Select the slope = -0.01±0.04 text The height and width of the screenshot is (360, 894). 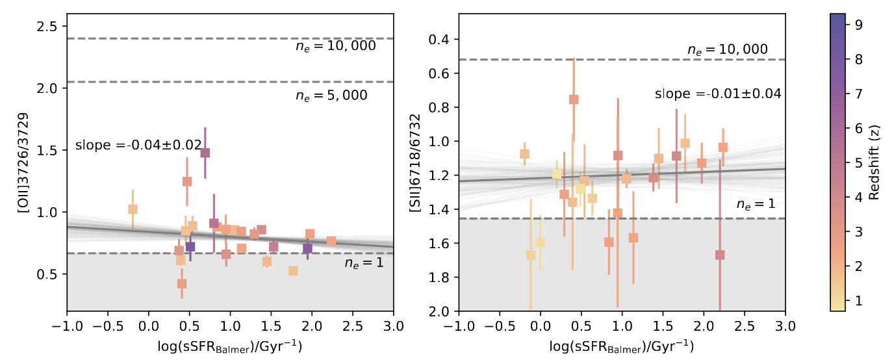point(717,94)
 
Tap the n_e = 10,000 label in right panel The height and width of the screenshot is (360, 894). point(727,49)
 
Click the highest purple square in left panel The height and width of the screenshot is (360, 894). point(205,153)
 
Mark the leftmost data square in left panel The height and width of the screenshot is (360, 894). point(133,209)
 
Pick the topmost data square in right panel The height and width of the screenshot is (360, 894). point(574,99)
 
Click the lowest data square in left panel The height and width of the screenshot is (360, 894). point(182,283)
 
